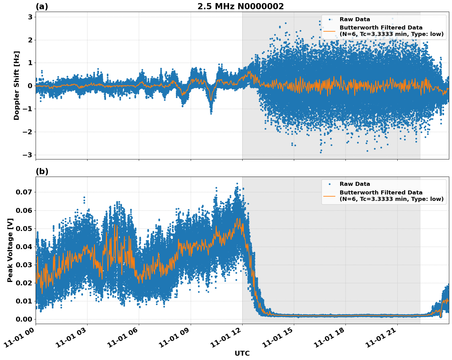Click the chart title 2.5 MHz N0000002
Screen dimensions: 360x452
[x=240, y=6]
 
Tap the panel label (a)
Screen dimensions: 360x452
[x=42, y=6]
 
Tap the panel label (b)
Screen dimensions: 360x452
[x=42, y=171]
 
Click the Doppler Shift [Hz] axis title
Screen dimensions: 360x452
[x=17, y=85]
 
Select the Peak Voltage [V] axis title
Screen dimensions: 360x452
[x=10, y=250]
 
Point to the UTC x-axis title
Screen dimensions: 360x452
[x=242, y=353]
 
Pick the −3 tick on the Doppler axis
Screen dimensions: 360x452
[x=28, y=155]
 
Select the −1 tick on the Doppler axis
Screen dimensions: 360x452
[x=28, y=109]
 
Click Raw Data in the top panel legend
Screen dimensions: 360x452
[x=355, y=19]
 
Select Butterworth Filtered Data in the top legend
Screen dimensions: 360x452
[x=381, y=28]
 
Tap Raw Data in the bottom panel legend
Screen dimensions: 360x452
[x=355, y=184]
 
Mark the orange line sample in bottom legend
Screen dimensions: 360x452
[x=329, y=196]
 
